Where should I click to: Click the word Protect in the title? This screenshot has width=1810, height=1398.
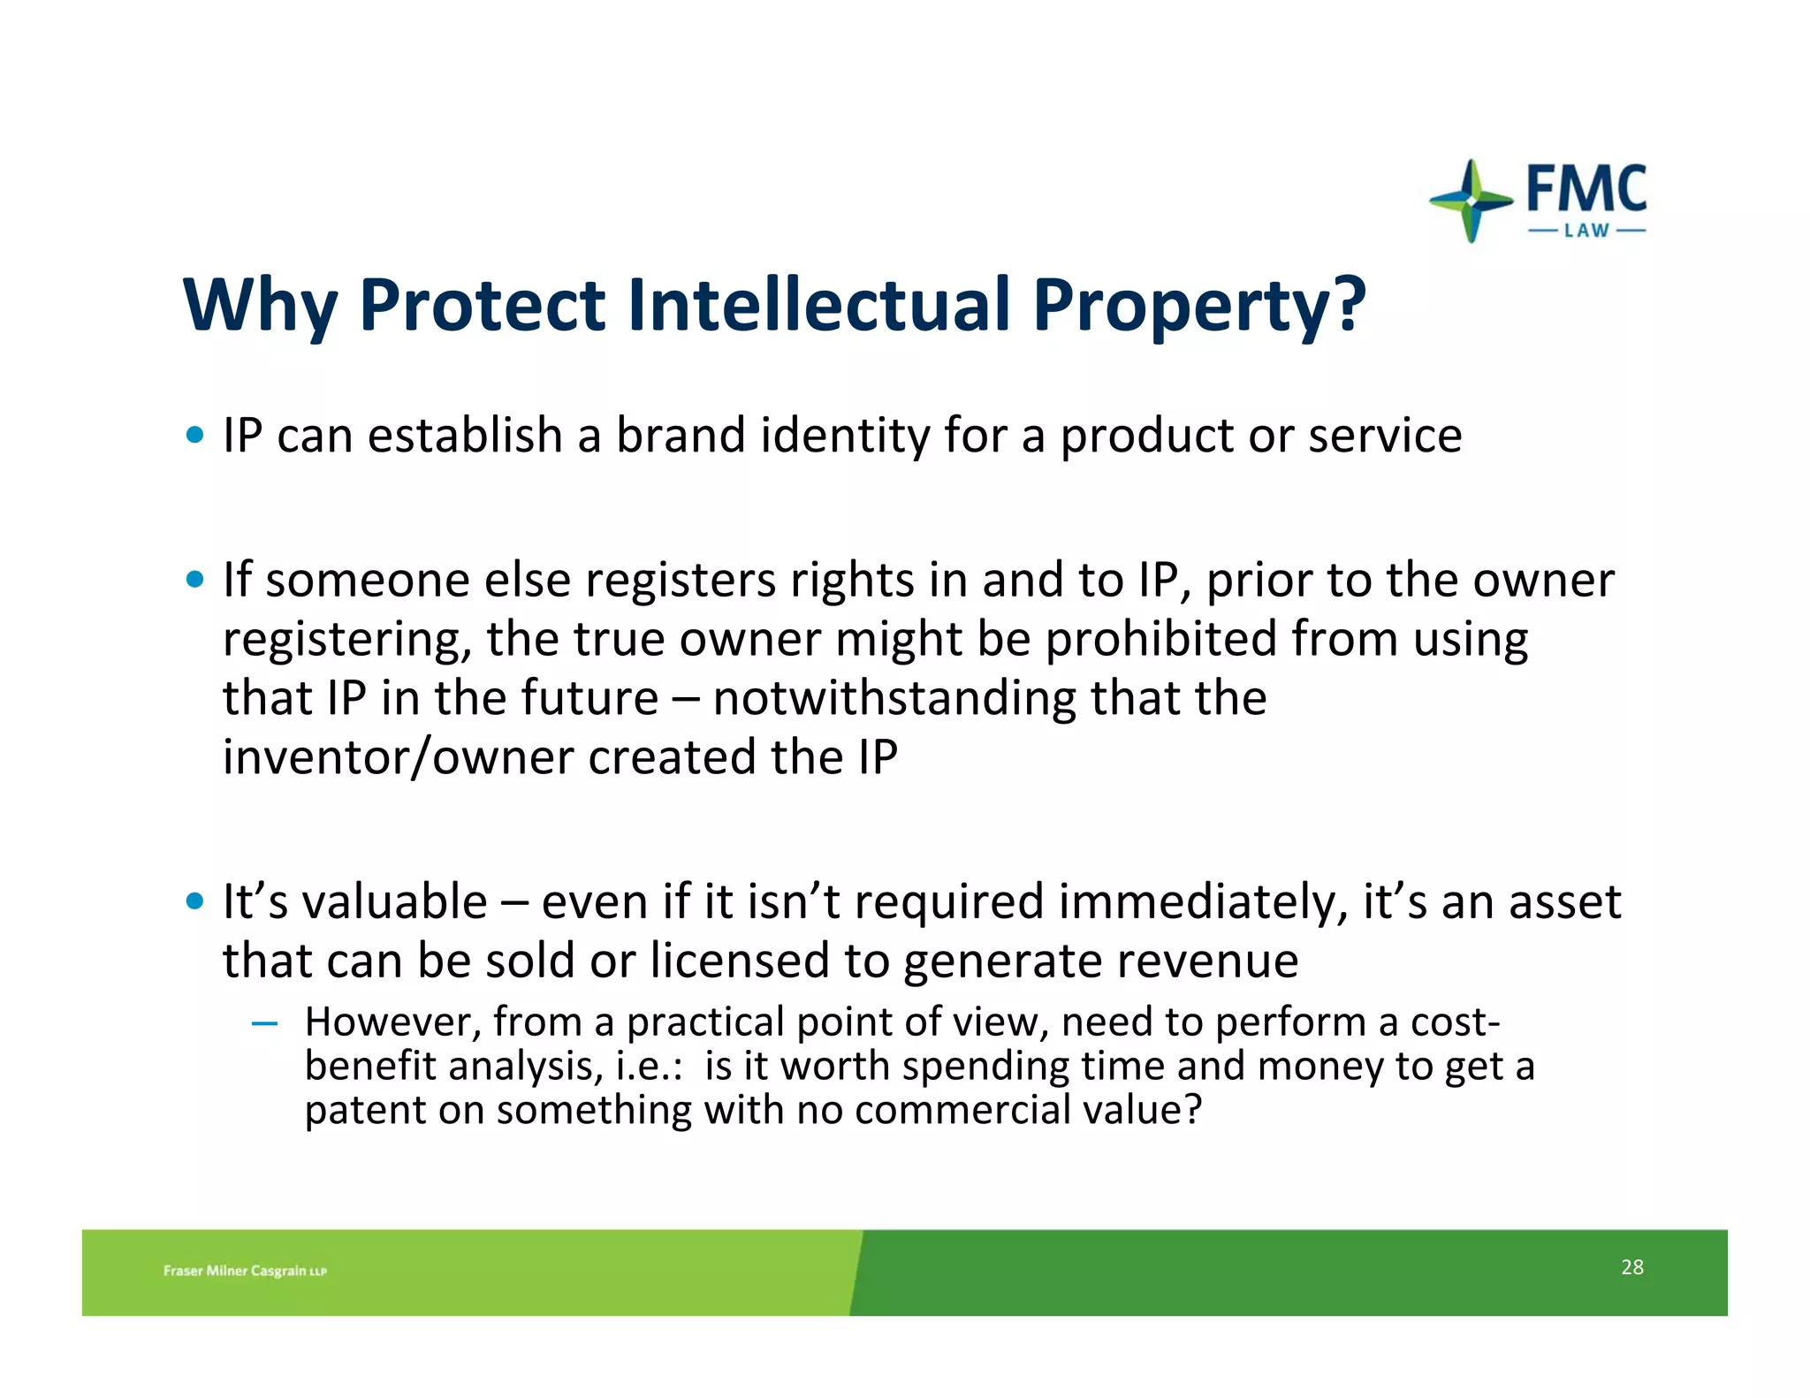(x=482, y=305)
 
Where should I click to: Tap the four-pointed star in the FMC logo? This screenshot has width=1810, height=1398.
(x=1471, y=201)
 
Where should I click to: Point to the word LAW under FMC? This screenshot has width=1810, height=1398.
(x=1586, y=232)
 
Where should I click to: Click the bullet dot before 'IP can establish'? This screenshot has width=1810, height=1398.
(x=195, y=435)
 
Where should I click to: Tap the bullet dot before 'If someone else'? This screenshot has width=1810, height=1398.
(x=195, y=581)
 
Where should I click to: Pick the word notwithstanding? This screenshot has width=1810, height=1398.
(x=894, y=697)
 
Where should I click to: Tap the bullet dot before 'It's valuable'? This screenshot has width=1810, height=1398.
(x=195, y=902)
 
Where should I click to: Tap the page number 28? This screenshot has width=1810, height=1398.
(x=1631, y=1267)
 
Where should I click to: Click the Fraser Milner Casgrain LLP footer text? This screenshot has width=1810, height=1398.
(x=245, y=1271)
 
